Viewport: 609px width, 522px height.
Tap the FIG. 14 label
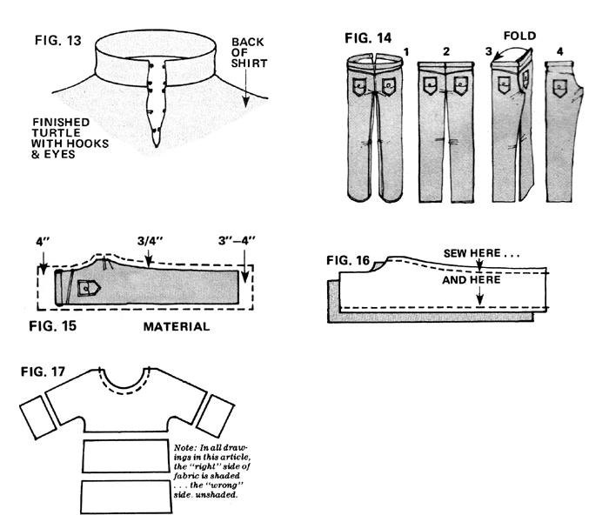[x=368, y=37]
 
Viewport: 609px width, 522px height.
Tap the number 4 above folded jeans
[x=559, y=51]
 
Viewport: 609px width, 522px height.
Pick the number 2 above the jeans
[x=445, y=51]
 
